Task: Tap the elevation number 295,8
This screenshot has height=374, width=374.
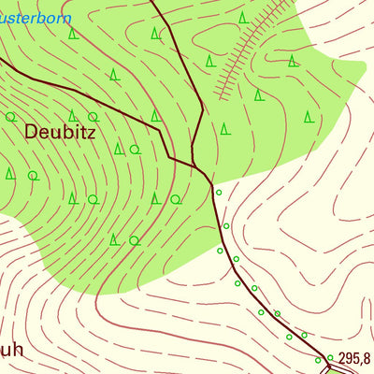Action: pyautogui.click(x=354, y=358)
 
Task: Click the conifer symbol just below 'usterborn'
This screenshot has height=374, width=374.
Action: pyautogui.click(x=72, y=35)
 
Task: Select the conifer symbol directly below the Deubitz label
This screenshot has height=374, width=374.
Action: pyautogui.click(x=72, y=198)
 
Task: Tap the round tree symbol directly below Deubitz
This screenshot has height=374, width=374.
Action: pyautogui.click(x=93, y=199)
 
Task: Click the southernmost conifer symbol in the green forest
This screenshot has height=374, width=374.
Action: pyautogui.click(x=114, y=239)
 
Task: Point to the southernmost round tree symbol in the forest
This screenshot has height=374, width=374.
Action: pyautogui.click(x=134, y=240)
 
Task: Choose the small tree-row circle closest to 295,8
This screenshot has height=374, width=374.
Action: pyautogui.click(x=330, y=355)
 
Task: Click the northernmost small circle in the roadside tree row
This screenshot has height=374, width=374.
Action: pyautogui.click(x=219, y=193)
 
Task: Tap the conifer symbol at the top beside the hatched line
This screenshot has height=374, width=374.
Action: pyautogui.click(x=242, y=18)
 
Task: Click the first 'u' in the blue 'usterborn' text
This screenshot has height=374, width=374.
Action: pyautogui.click(x=4, y=17)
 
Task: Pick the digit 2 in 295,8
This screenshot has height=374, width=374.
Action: pyautogui.click(x=342, y=358)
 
